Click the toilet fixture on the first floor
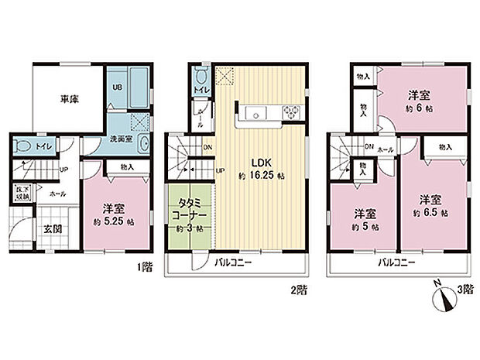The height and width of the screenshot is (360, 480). click(22, 145)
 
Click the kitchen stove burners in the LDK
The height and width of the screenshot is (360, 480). click(293, 113)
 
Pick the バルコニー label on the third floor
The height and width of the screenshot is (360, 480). click(396, 264)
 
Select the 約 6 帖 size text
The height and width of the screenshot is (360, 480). click(420, 110)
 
